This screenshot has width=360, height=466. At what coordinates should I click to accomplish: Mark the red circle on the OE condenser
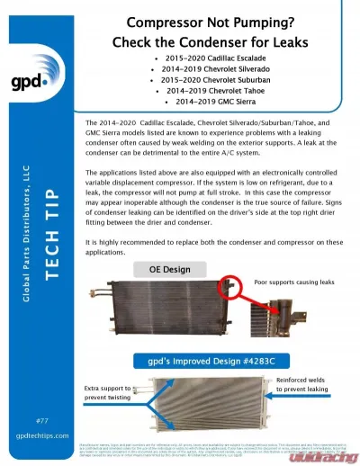click(x=231, y=286)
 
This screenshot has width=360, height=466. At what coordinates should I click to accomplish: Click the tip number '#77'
click(x=41, y=421)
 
